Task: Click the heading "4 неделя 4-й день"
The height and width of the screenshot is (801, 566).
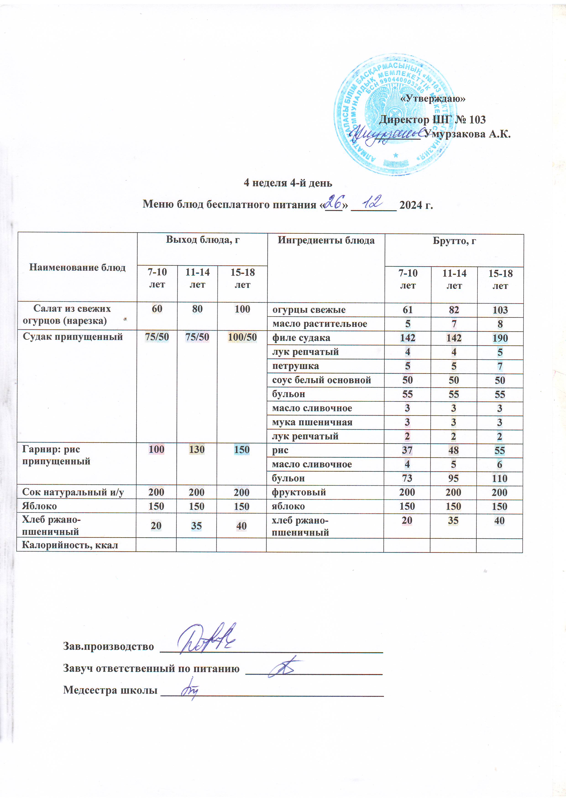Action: point(288,183)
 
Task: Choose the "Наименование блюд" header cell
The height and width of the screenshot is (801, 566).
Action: point(77,268)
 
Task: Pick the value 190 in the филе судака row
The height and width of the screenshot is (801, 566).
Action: point(500,338)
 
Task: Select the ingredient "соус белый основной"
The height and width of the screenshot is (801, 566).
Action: point(321,380)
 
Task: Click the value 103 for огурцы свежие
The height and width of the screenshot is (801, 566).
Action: point(500,310)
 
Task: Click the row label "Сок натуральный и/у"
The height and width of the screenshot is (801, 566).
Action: point(73,492)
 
